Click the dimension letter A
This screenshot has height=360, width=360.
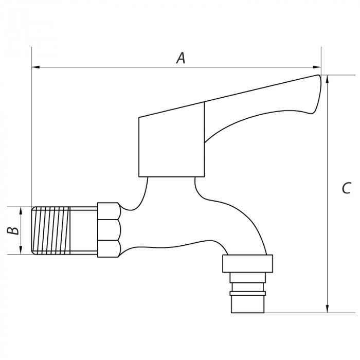tap(180, 58)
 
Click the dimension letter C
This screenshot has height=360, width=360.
tap(346, 188)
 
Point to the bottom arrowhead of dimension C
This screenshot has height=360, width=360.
tap(327, 308)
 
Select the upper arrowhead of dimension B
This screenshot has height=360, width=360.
tap(21, 210)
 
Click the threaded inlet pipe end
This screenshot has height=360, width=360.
tap(64, 230)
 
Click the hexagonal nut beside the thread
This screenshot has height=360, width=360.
tap(109, 229)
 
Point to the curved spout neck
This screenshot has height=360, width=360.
tap(242, 216)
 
